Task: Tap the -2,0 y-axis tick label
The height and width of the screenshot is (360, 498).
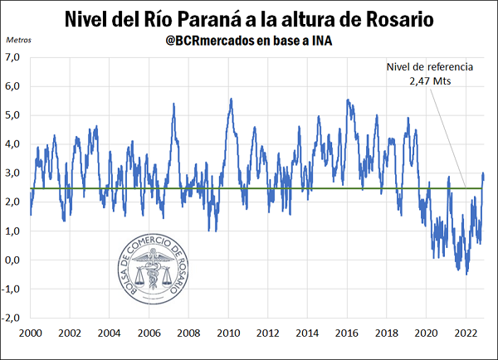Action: pyautogui.click(x=11, y=318)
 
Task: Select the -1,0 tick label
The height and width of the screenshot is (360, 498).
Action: pyautogui.click(x=11, y=289)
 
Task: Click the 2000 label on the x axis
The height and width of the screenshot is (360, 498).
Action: pyautogui.click(x=30, y=333)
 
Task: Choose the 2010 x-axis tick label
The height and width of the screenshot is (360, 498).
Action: pyautogui.click(x=228, y=333)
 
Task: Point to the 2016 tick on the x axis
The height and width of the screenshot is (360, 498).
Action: pyautogui.click(x=347, y=333)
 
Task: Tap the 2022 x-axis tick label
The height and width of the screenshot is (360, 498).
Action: pyautogui.click(x=466, y=333)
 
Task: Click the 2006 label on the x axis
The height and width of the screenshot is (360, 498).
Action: pyautogui.click(x=149, y=333)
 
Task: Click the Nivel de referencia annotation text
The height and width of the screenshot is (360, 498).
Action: pyautogui.click(x=427, y=68)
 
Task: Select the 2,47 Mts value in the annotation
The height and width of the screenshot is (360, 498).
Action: pyautogui.click(x=427, y=82)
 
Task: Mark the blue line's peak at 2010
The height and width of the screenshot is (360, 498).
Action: pyautogui.click(x=231, y=100)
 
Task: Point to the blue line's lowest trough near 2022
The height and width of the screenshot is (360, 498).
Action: pyautogui.click(x=466, y=274)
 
